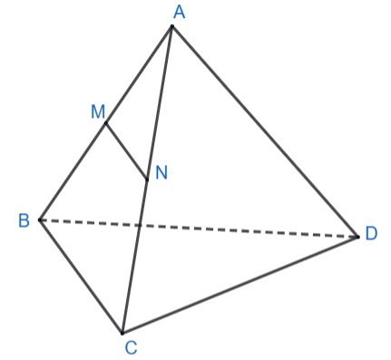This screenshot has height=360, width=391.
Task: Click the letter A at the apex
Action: [x=180, y=13]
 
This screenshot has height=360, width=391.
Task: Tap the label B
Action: [x=24, y=220]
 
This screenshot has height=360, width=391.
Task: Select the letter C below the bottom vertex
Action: [x=131, y=347]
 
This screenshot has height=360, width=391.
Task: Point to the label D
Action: [x=371, y=234]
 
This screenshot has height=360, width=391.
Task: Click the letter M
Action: [x=98, y=112]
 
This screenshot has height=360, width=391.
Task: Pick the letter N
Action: [x=161, y=173]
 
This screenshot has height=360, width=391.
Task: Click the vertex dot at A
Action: [x=172, y=26]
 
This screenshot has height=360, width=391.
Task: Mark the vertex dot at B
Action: [x=40, y=220]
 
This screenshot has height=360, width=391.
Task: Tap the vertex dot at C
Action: [x=122, y=334]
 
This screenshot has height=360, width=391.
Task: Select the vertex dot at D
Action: [x=358, y=237]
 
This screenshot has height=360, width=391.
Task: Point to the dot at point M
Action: [x=106, y=123]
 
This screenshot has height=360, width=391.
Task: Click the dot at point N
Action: [x=147, y=180]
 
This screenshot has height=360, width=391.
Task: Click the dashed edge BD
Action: [x=199, y=229]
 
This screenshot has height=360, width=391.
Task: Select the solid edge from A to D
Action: [x=265, y=131]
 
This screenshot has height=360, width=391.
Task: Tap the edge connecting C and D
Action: [x=240, y=285]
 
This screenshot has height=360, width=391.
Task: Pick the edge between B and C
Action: [x=81, y=277]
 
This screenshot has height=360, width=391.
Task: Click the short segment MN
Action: [x=126, y=151]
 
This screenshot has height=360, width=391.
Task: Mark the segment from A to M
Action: [x=139, y=74]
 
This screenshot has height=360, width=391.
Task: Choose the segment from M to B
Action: [x=73, y=171]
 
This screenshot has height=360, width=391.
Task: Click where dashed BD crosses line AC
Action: [x=140, y=226]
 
